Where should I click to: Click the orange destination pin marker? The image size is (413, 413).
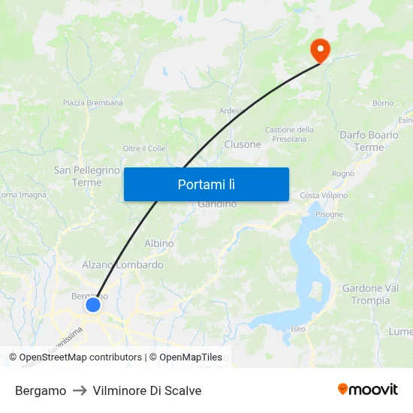tap(321, 50)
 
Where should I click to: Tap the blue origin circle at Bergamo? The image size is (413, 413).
tap(93, 305)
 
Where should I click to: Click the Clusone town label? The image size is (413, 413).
tap(243, 144)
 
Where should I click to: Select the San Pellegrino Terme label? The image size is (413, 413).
tap(87, 176)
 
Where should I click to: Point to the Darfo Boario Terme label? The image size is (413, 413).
tap(369, 141)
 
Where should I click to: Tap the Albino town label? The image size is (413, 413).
tap(159, 243)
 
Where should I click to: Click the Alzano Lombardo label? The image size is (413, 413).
tap(122, 265)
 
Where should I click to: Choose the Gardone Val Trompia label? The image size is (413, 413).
tap(370, 294)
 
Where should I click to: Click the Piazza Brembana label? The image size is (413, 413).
tap(94, 103)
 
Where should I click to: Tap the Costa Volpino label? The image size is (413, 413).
tap(324, 195)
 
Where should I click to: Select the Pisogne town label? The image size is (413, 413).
tap(329, 214)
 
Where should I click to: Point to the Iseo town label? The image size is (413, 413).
tap(298, 329)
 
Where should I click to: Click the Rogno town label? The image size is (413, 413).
tap(342, 173)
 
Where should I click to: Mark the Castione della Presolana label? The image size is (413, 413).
tap(289, 134)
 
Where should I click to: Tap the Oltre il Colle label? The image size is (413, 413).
tap(144, 149)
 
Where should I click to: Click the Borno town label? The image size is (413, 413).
tap(382, 103)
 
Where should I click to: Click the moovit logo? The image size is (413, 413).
tap(368, 389)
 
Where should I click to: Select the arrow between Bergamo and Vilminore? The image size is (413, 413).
tap(80, 390)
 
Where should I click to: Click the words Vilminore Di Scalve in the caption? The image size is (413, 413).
tap(147, 390)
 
